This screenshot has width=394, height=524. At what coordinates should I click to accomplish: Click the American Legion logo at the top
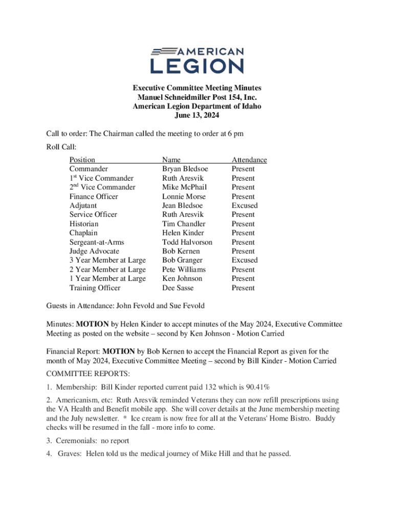pos(197,60)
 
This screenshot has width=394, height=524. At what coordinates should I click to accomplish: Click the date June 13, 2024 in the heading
pos(197,116)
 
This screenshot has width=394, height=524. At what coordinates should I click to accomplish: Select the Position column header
pos(82,160)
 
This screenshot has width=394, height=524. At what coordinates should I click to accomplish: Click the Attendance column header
pos(249,160)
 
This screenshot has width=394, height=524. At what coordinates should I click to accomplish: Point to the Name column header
pos(171,160)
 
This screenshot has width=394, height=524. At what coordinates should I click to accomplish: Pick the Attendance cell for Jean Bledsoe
pos(245,205)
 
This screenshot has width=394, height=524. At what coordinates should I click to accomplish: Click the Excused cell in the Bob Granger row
pos(245,260)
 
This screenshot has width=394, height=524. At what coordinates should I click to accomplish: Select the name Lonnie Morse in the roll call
pos(184,196)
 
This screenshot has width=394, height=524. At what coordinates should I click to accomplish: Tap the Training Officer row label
pos(95,288)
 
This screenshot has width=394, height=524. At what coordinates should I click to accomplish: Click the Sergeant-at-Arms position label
pos(97,242)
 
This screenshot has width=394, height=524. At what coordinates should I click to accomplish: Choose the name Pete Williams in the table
pos(184,269)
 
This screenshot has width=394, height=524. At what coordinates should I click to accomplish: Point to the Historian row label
pos(84,224)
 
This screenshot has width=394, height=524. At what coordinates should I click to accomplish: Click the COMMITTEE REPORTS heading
pos(88,374)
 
